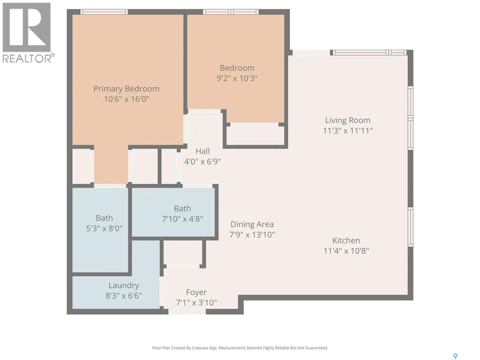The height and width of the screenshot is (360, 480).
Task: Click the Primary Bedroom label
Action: coord(126,89)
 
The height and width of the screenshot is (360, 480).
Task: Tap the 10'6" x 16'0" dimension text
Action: coord(126,99)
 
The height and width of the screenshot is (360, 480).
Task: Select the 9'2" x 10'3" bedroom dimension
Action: coord(237,78)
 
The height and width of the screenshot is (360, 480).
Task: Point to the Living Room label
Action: coord(348,120)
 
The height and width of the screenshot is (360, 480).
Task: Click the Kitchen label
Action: coord(346,240)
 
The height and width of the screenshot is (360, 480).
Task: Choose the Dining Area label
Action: coord(252,224)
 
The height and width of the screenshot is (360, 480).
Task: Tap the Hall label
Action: coord(202,151)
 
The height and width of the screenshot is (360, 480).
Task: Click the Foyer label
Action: coord(196,292)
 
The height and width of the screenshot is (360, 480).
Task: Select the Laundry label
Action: coord(124,286)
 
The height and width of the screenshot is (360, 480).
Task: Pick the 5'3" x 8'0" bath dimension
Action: coord(104,228)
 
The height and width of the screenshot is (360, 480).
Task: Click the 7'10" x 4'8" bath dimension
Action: coord(182,219)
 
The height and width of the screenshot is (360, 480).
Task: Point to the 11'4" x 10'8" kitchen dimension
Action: coord(346,251)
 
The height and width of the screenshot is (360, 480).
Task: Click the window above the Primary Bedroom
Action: coord(104,12)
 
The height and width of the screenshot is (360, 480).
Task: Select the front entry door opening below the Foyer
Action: coord(187,311)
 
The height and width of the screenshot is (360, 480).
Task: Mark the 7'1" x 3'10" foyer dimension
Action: coord(196,302)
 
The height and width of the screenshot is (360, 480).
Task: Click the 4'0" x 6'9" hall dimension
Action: coord(202,161)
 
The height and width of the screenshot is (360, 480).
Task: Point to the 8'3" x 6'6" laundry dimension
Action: coord(124,296)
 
